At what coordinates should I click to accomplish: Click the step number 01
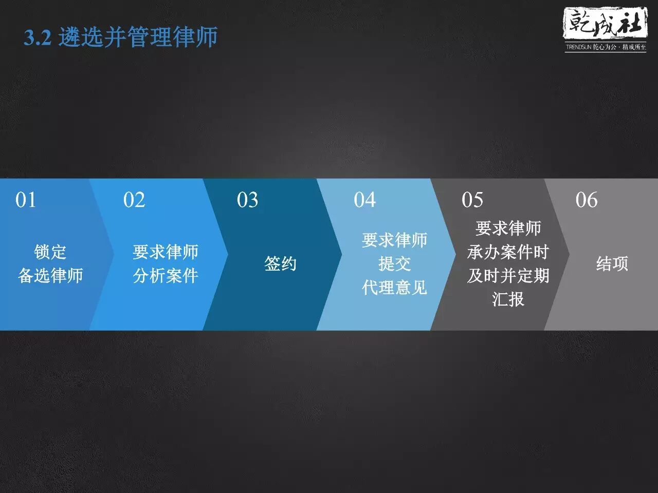(26, 200)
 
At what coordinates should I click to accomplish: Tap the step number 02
(134, 200)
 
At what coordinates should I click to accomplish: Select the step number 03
(247, 200)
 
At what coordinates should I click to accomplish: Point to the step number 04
(364, 200)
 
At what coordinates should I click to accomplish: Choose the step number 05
(472, 200)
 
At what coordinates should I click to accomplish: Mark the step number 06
(587, 200)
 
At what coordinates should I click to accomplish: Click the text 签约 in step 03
(280, 264)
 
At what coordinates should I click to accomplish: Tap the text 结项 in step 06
(612, 264)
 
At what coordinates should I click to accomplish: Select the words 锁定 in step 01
(50, 252)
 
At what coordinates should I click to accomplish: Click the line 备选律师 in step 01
(50, 276)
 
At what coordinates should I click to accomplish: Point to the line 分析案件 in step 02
(166, 276)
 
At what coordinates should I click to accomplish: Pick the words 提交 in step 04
(394, 264)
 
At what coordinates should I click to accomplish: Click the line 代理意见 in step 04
(394, 288)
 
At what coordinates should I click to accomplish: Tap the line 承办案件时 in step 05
(508, 252)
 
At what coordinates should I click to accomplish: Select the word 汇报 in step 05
(508, 299)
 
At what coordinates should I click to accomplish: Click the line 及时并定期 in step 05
(508, 276)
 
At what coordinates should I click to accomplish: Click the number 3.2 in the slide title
(38, 37)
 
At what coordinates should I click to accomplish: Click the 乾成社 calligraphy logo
(606, 24)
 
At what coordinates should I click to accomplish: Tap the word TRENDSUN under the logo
(578, 47)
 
